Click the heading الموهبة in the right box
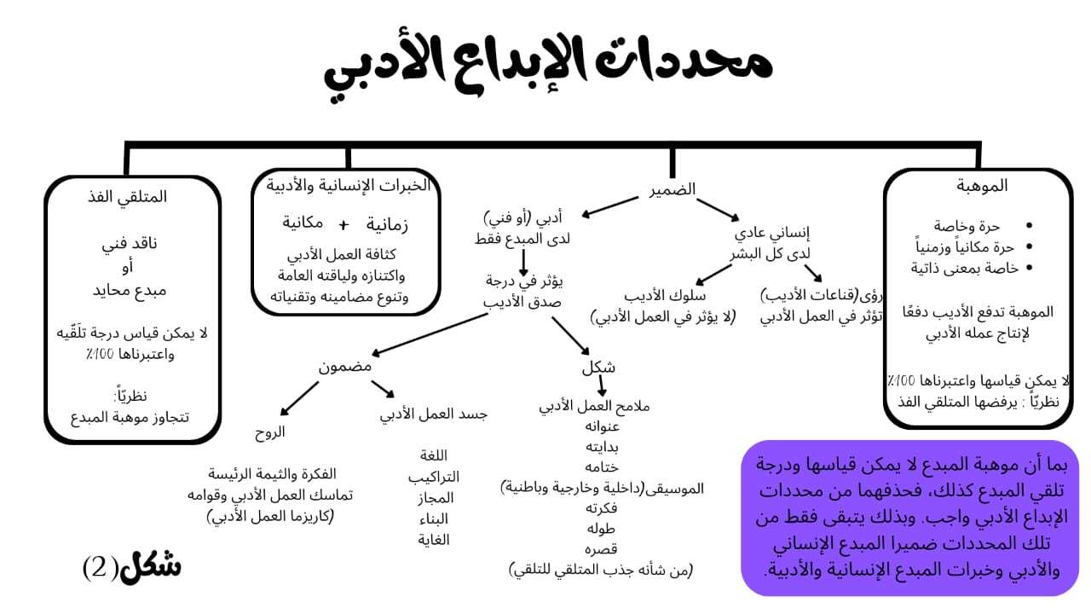click(982, 185)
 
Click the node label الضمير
click(672, 190)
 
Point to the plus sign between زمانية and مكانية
click(343, 225)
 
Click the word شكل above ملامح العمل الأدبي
click(598, 368)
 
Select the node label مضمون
click(345, 367)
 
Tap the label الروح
click(270, 432)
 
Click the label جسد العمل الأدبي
click(433, 414)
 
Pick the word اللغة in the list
click(434, 455)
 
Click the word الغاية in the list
click(434, 539)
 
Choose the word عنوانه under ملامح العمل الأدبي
click(600, 426)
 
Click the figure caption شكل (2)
click(132, 566)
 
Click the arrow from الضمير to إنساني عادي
click(717, 209)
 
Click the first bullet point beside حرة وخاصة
click(1030, 226)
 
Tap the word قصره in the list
click(600, 548)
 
